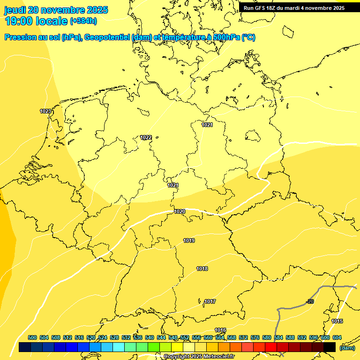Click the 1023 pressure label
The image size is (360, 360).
(x=45, y=111)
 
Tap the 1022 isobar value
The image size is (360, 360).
(x=146, y=137)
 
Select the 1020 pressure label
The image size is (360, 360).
(x=180, y=211)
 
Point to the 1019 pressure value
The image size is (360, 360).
(x=189, y=240)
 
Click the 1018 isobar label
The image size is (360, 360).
(x=202, y=269)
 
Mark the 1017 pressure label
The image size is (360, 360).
(x=210, y=301)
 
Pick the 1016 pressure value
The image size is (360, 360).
(x=220, y=330)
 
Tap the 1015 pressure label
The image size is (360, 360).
(x=337, y=321)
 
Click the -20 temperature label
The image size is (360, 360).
(x=310, y=301)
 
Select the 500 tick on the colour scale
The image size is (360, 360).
(x=32, y=338)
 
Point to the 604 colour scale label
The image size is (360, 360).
(x=337, y=338)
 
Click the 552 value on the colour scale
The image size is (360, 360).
(x=185, y=338)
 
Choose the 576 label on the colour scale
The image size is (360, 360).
(x=255, y=338)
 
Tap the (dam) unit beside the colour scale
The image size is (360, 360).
(x=347, y=347)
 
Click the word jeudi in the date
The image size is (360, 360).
(x=15, y=10)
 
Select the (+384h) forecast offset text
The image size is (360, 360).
(x=83, y=21)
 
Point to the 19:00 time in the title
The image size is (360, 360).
(x=19, y=21)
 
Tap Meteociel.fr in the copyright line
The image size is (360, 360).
(x=218, y=357)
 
